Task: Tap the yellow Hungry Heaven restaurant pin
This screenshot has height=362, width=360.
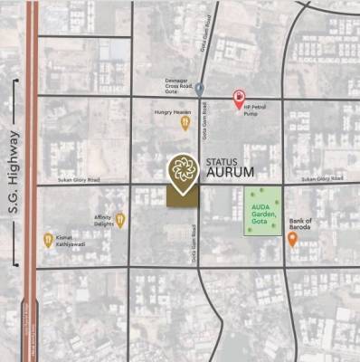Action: point(185,122)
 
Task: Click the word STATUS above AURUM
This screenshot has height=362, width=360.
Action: point(223,160)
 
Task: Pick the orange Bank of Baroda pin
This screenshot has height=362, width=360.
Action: point(292,240)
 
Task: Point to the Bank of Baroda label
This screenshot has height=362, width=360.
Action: point(299,224)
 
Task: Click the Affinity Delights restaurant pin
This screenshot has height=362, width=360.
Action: point(119,219)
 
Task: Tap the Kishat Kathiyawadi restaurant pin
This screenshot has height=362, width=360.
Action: point(48,240)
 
